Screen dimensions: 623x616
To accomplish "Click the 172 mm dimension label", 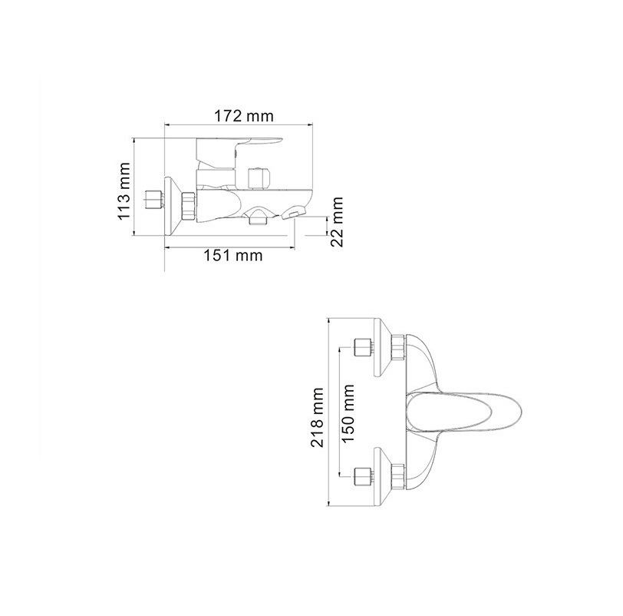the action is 244,116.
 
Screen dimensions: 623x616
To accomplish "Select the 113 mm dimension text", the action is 124,190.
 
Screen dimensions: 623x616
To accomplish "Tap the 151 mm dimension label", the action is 233,255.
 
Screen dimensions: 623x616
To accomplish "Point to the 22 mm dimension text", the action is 337,222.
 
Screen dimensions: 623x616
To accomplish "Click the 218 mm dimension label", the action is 318,418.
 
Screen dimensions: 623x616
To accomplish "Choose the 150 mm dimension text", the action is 348,413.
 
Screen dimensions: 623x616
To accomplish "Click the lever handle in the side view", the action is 239,152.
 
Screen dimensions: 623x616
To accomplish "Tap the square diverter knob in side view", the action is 259,177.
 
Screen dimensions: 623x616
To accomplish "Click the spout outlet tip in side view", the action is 291,214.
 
